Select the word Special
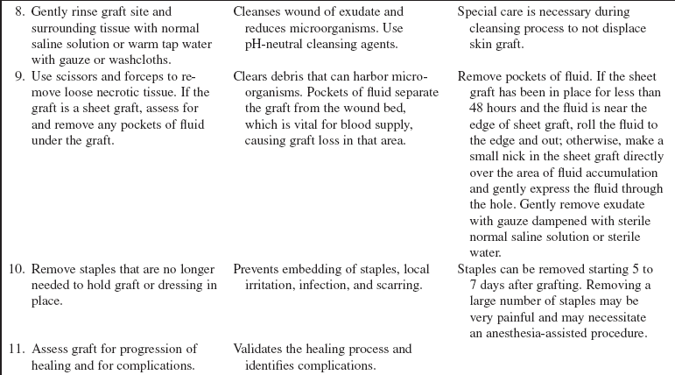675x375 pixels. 480,11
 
